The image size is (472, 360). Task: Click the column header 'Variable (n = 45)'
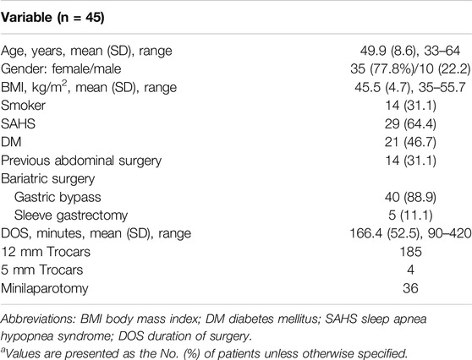tap(52, 18)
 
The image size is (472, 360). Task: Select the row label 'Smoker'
tap(23, 106)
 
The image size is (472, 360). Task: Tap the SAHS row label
tap(18, 124)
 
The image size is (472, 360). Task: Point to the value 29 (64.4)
tap(410, 124)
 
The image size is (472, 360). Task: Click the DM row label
tap(11, 142)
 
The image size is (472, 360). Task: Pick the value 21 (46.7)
tap(410, 142)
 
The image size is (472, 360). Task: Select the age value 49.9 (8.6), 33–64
tap(410, 51)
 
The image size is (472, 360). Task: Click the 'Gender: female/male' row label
tap(61, 68)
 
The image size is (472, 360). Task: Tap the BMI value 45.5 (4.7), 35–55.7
tap(410, 88)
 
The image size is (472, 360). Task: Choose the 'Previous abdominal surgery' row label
tap(81, 161)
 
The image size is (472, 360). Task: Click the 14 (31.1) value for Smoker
tap(410, 106)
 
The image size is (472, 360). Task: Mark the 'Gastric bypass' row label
tap(58, 198)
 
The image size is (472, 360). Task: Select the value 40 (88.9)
tap(410, 197)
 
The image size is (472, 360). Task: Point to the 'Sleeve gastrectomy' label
tap(71, 215)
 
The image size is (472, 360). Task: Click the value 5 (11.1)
tap(410, 215)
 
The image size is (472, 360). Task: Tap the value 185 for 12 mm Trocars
tap(410, 252)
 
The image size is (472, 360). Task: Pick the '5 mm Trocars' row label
tap(41, 270)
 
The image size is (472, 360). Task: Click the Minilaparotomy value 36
tap(410, 288)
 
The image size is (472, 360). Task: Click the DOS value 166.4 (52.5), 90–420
tap(410, 233)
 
